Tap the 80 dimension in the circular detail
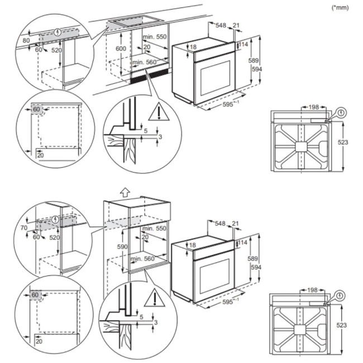point(26,40)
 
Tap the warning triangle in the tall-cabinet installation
point(152,300)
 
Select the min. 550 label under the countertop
point(155,36)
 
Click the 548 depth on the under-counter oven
point(221,26)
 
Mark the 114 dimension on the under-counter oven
point(244,44)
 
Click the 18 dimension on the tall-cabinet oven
point(192,246)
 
